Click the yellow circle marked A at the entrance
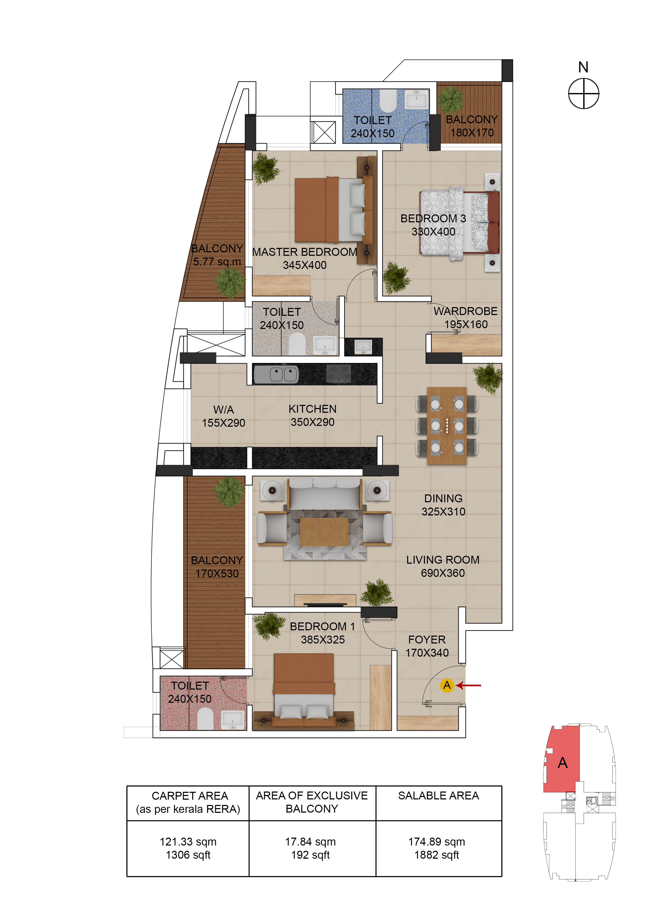click(x=447, y=685)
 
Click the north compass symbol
click(x=583, y=93)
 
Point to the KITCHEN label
click(x=312, y=409)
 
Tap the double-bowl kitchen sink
click(x=276, y=375)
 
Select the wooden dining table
click(x=447, y=426)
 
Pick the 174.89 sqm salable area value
click(x=437, y=842)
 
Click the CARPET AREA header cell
click(x=188, y=803)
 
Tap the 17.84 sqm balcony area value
click(x=310, y=842)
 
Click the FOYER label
click(x=427, y=640)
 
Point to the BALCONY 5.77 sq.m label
click(x=217, y=255)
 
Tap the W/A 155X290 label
click(x=223, y=416)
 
